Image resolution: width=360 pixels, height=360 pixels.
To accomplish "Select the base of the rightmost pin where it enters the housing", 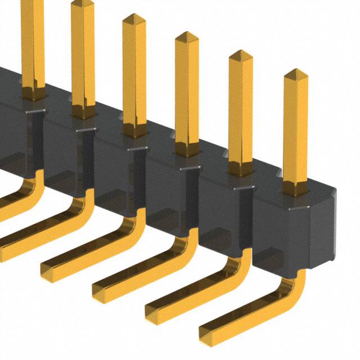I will tap(295, 188).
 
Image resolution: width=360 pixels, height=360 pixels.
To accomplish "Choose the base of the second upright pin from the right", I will tap(241, 169).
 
